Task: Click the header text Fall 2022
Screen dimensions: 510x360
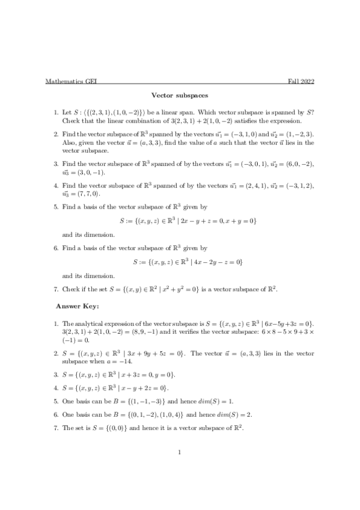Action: tap(301, 81)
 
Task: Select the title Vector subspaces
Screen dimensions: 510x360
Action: tap(180, 95)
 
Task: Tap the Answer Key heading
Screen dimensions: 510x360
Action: tap(81, 306)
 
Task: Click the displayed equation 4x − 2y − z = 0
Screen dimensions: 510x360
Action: tap(216, 262)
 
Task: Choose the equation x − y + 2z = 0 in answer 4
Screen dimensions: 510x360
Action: tap(150, 388)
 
